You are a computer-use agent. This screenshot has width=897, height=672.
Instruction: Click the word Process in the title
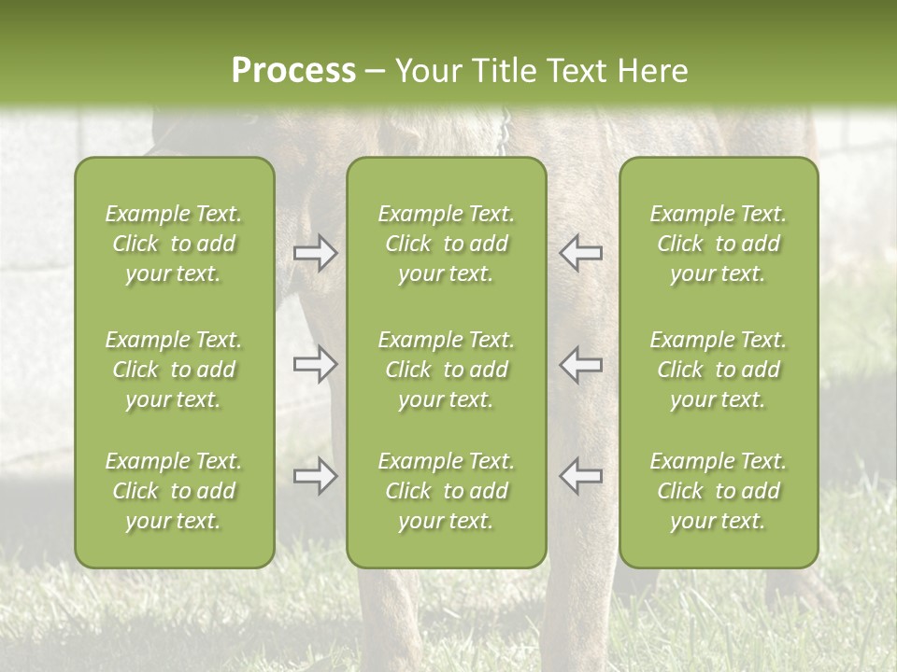[293, 71]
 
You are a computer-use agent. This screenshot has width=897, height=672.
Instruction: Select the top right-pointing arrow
[316, 253]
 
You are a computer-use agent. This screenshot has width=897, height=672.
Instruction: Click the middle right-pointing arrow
[316, 364]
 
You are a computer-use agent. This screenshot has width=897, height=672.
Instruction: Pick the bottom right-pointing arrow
[316, 476]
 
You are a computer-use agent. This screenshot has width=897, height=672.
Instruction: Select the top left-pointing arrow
[580, 253]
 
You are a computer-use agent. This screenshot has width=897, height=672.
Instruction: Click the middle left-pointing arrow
[580, 364]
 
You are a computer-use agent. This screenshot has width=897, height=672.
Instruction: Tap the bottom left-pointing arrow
[580, 476]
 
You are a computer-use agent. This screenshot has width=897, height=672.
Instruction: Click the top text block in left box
[174, 244]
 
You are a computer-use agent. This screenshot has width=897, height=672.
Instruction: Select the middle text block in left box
[174, 370]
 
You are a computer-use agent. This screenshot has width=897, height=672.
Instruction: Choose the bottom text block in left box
[174, 491]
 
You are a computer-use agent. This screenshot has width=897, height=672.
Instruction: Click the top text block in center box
[446, 244]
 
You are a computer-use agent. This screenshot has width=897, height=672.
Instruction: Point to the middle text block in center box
[446, 370]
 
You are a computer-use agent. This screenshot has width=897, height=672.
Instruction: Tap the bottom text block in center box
[446, 491]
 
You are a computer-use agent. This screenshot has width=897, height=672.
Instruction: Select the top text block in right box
[718, 244]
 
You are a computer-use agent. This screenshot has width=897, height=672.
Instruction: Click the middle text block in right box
[718, 370]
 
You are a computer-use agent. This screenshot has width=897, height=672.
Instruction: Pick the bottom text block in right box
[718, 491]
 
